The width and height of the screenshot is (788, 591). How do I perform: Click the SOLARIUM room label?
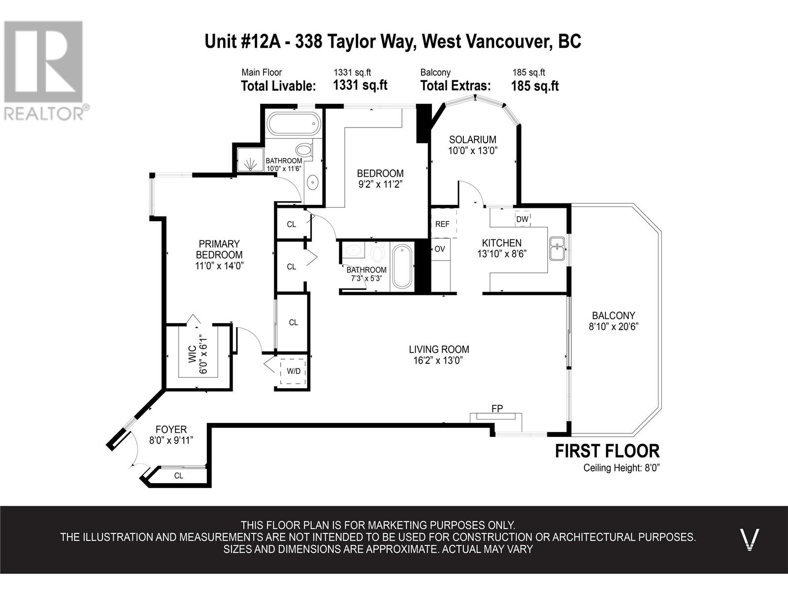(x=472, y=139)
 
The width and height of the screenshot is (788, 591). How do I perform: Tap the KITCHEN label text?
(x=501, y=243)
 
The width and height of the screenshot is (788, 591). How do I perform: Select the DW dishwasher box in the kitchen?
(x=523, y=219)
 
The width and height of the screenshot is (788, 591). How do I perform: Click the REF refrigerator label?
(x=442, y=224)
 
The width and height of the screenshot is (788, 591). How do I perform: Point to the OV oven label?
(x=440, y=249)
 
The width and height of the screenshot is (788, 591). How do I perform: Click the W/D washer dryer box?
(x=294, y=371)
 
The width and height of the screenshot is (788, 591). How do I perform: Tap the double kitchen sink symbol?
(x=557, y=249)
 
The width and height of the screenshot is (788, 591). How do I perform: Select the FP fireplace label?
(x=497, y=408)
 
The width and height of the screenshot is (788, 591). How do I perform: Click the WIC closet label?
(x=193, y=354)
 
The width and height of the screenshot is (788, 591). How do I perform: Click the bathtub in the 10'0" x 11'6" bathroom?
(x=293, y=124)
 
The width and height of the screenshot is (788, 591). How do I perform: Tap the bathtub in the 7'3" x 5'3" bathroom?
(x=402, y=266)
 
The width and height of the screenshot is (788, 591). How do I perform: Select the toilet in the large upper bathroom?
(x=305, y=149)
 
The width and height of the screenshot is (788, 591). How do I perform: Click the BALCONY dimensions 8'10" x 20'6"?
(x=613, y=327)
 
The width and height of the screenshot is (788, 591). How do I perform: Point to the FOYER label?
(x=171, y=429)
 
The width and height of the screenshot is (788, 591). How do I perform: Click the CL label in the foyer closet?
(x=179, y=476)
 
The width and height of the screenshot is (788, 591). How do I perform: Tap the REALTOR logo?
(x=45, y=71)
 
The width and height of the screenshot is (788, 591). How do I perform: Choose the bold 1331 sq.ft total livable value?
(x=360, y=85)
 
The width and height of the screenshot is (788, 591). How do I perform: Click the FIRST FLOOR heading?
(x=607, y=451)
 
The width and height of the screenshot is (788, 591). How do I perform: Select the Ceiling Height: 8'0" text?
(x=622, y=468)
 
